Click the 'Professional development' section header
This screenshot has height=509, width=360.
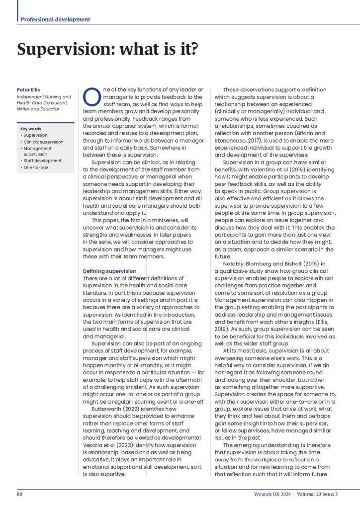click(x=55, y=19)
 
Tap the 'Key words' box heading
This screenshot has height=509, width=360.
click(x=30, y=129)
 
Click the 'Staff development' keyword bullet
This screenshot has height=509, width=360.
click(x=42, y=161)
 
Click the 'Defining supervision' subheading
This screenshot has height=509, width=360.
click(x=109, y=271)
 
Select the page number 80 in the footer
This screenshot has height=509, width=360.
click(x=20, y=494)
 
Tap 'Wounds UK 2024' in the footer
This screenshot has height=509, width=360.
click(x=270, y=494)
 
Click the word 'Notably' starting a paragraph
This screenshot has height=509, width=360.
click(x=234, y=263)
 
